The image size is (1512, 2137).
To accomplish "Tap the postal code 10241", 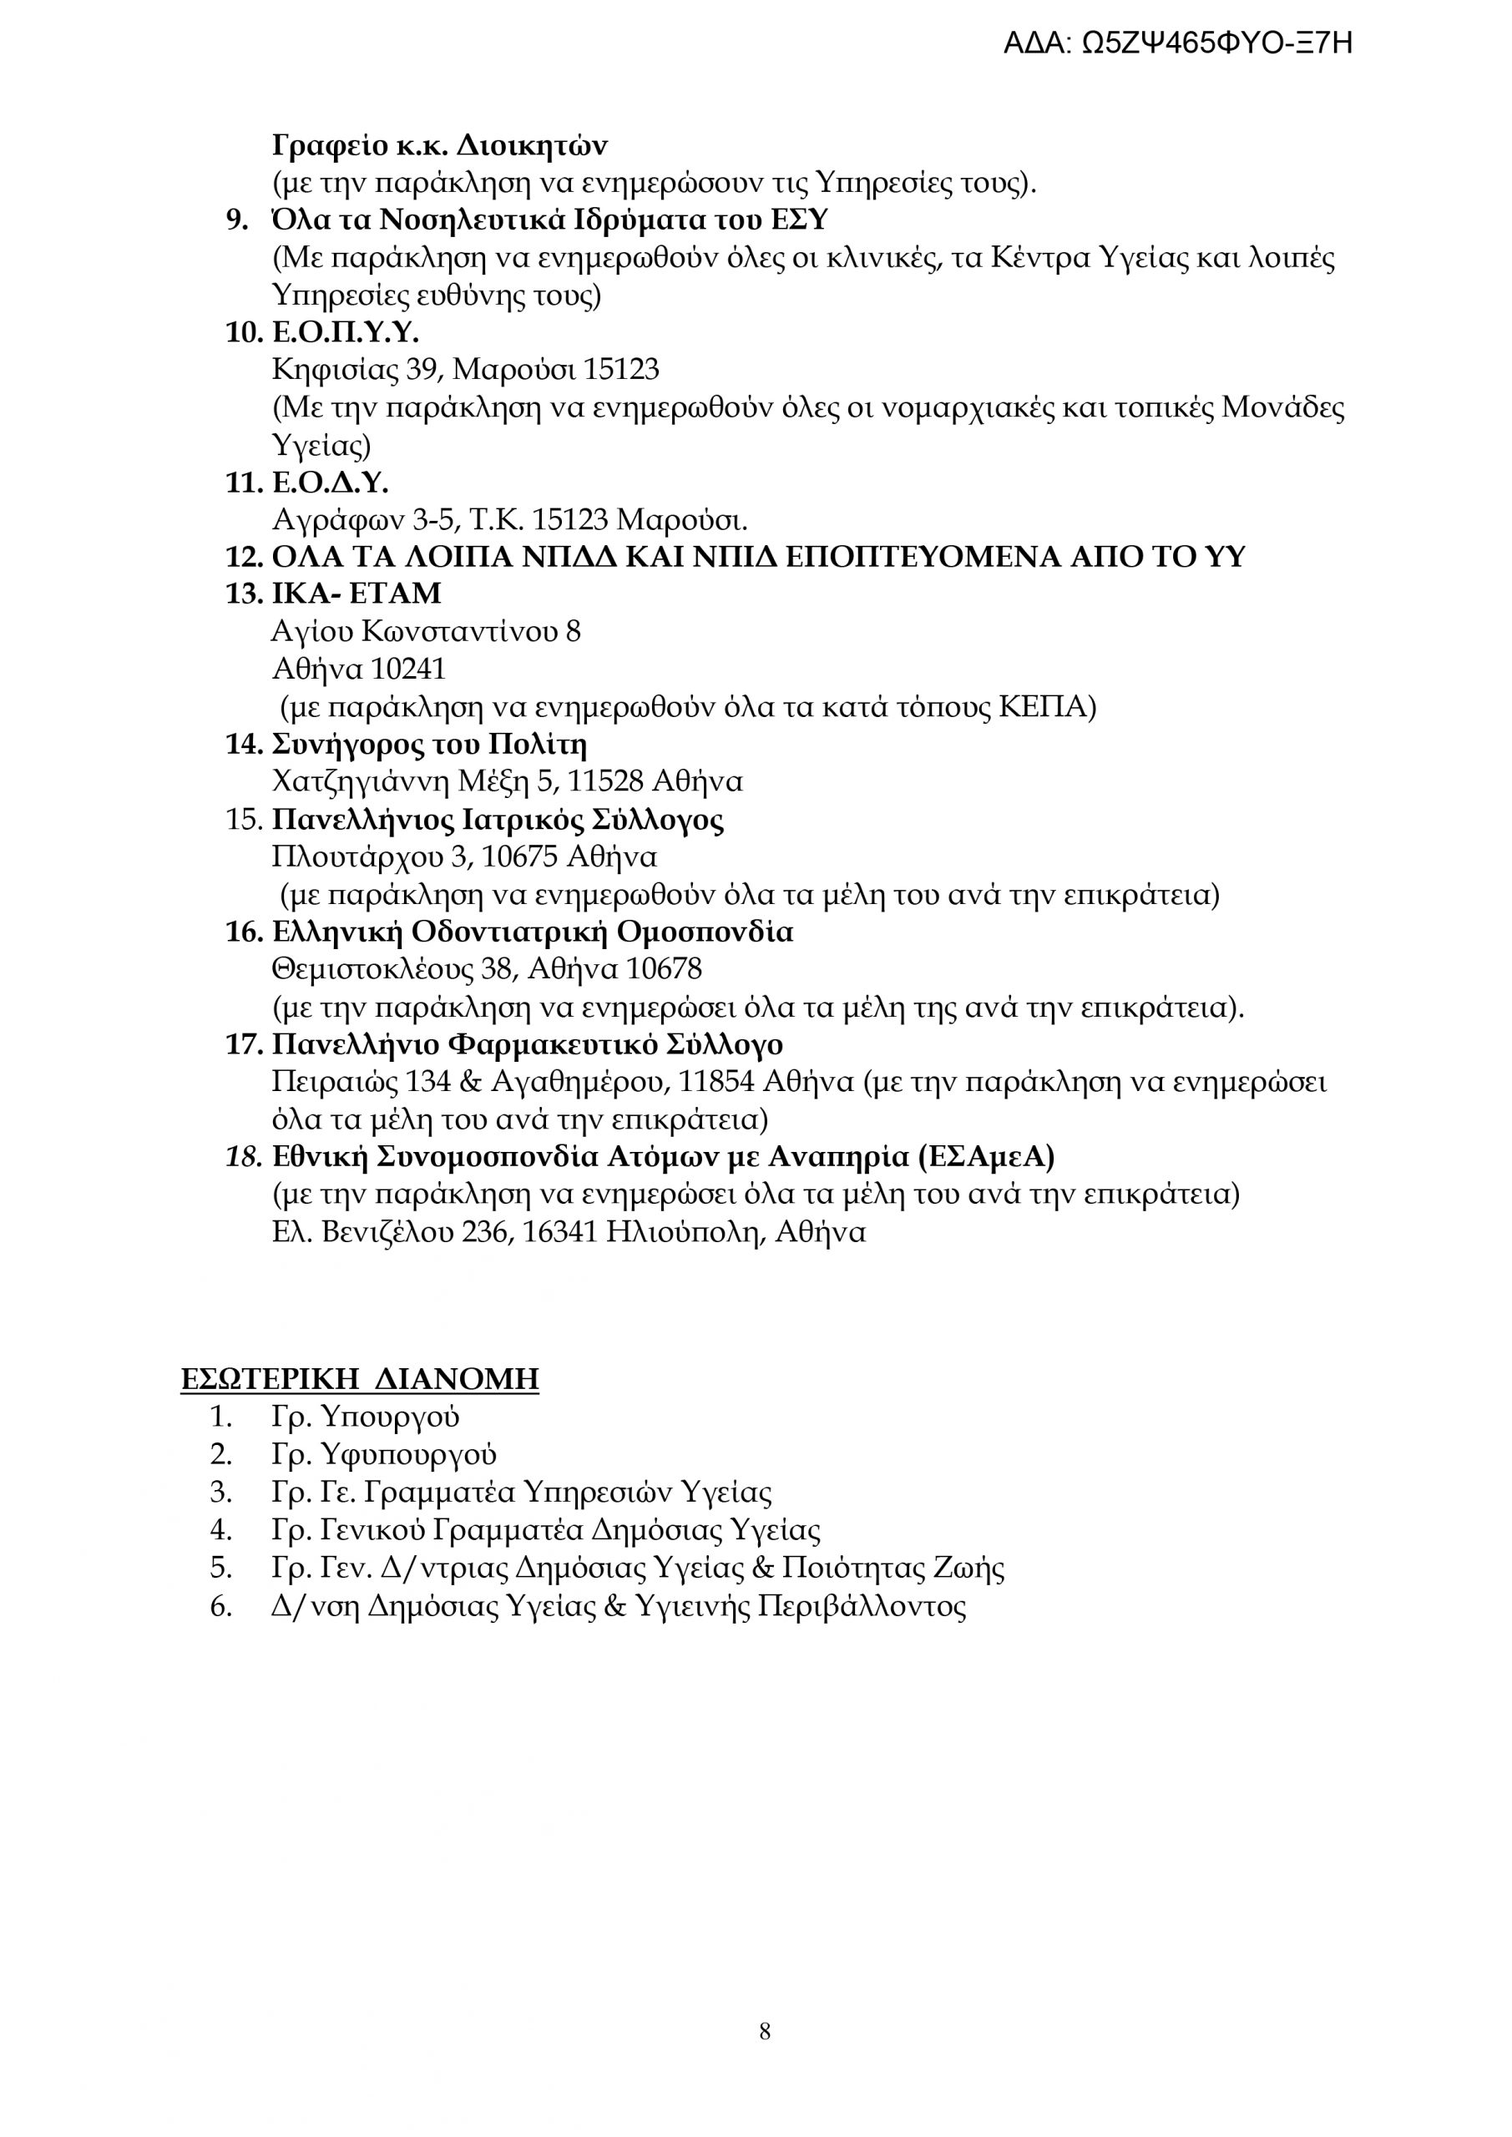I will tap(409, 669).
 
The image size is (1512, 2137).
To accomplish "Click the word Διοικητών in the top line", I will tap(533, 146).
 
